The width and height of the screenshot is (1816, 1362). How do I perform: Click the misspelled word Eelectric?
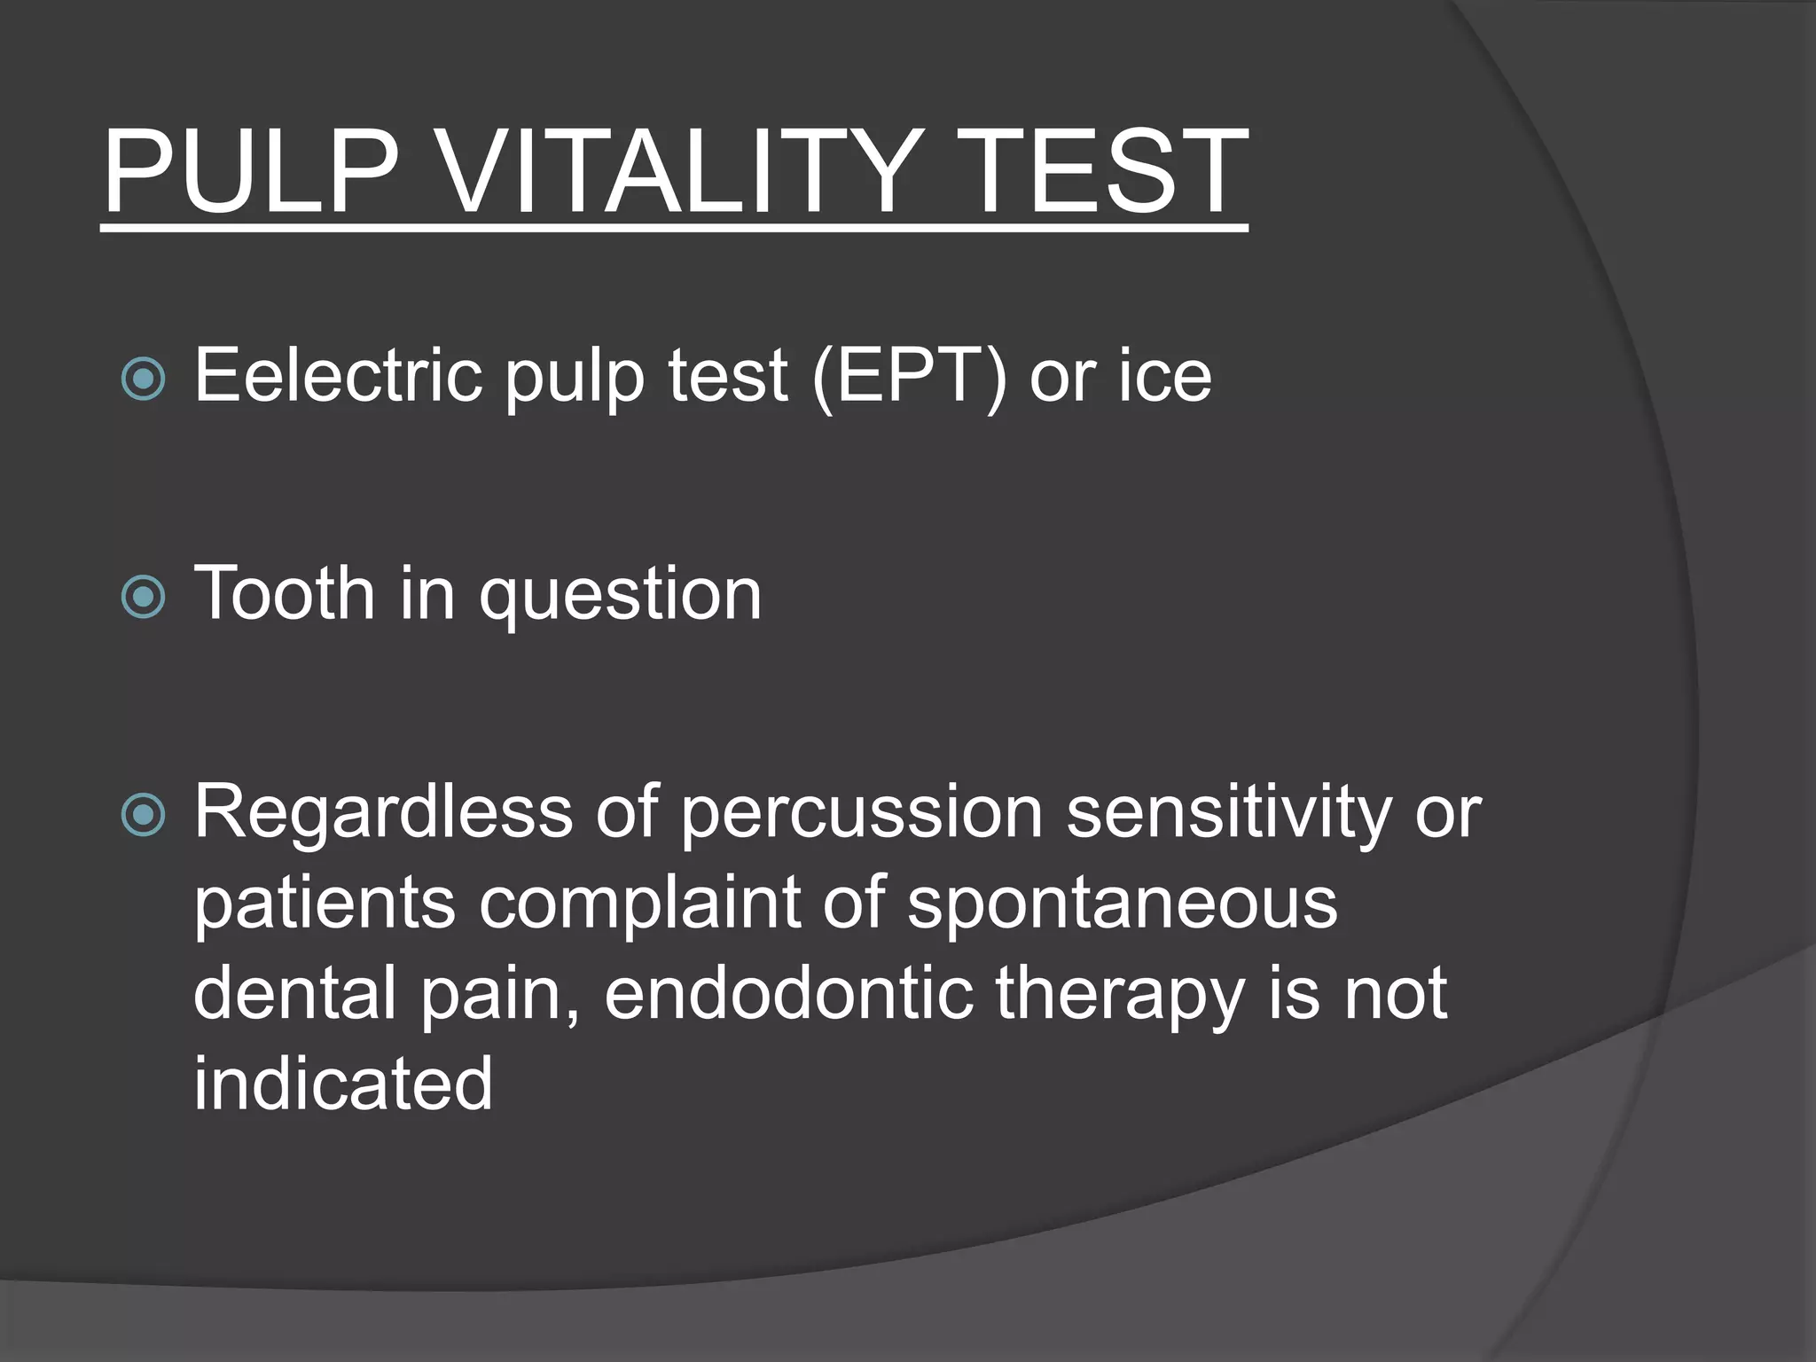(x=338, y=376)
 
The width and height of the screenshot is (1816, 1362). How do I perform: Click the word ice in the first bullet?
(x=1164, y=376)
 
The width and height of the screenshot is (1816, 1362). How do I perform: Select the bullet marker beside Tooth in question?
(x=143, y=597)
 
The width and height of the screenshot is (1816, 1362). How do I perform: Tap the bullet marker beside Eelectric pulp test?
(x=143, y=380)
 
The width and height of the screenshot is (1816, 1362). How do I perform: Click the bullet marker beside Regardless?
(x=143, y=815)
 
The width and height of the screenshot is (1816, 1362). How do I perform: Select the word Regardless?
(x=383, y=812)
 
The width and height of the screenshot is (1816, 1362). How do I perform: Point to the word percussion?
(x=862, y=812)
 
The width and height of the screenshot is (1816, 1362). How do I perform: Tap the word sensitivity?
(x=1228, y=812)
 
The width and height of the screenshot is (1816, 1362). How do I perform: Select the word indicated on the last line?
(x=342, y=1084)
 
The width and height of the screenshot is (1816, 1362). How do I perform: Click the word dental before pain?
(x=294, y=993)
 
